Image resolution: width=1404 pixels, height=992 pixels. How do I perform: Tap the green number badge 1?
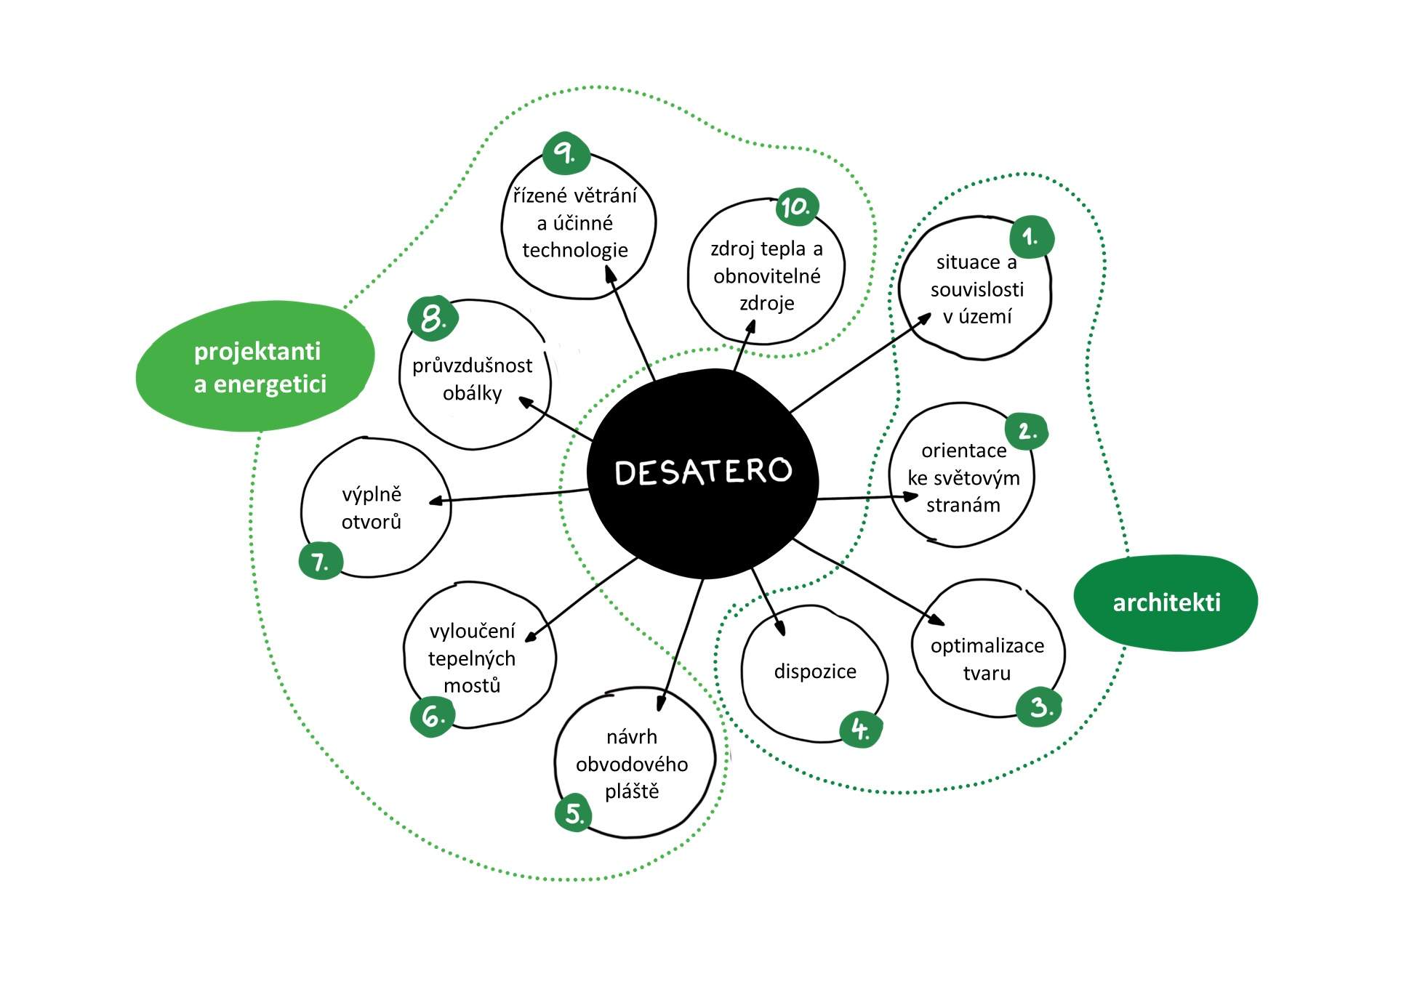click(x=1031, y=237)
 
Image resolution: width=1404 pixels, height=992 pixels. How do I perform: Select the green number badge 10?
click(x=796, y=207)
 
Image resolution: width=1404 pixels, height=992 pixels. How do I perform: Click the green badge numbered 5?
click(x=574, y=813)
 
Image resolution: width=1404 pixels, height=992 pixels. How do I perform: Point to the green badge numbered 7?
click(x=320, y=562)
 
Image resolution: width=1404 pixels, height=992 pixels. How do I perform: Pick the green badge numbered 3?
click(x=1040, y=707)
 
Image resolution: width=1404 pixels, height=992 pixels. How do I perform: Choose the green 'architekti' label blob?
click(x=1166, y=602)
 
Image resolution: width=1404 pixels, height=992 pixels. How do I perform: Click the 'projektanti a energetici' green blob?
click(x=256, y=367)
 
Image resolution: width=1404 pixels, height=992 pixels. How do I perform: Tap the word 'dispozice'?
click(x=814, y=672)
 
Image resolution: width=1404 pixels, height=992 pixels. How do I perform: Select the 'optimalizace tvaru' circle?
click(x=987, y=649)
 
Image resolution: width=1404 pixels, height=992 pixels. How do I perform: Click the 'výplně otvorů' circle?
click(x=374, y=508)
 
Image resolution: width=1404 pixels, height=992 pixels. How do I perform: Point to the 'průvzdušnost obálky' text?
click(x=473, y=379)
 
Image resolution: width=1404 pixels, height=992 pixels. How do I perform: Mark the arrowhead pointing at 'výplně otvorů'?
click(x=435, y=501)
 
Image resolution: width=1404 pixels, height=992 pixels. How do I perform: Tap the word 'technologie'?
click(x=574, y=251)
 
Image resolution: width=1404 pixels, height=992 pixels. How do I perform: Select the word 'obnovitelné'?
click(x=766, y=277)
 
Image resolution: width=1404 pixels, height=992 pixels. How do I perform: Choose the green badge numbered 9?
click(x=565, y=153)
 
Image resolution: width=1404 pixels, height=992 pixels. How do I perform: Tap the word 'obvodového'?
click(x=631, y=765)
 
